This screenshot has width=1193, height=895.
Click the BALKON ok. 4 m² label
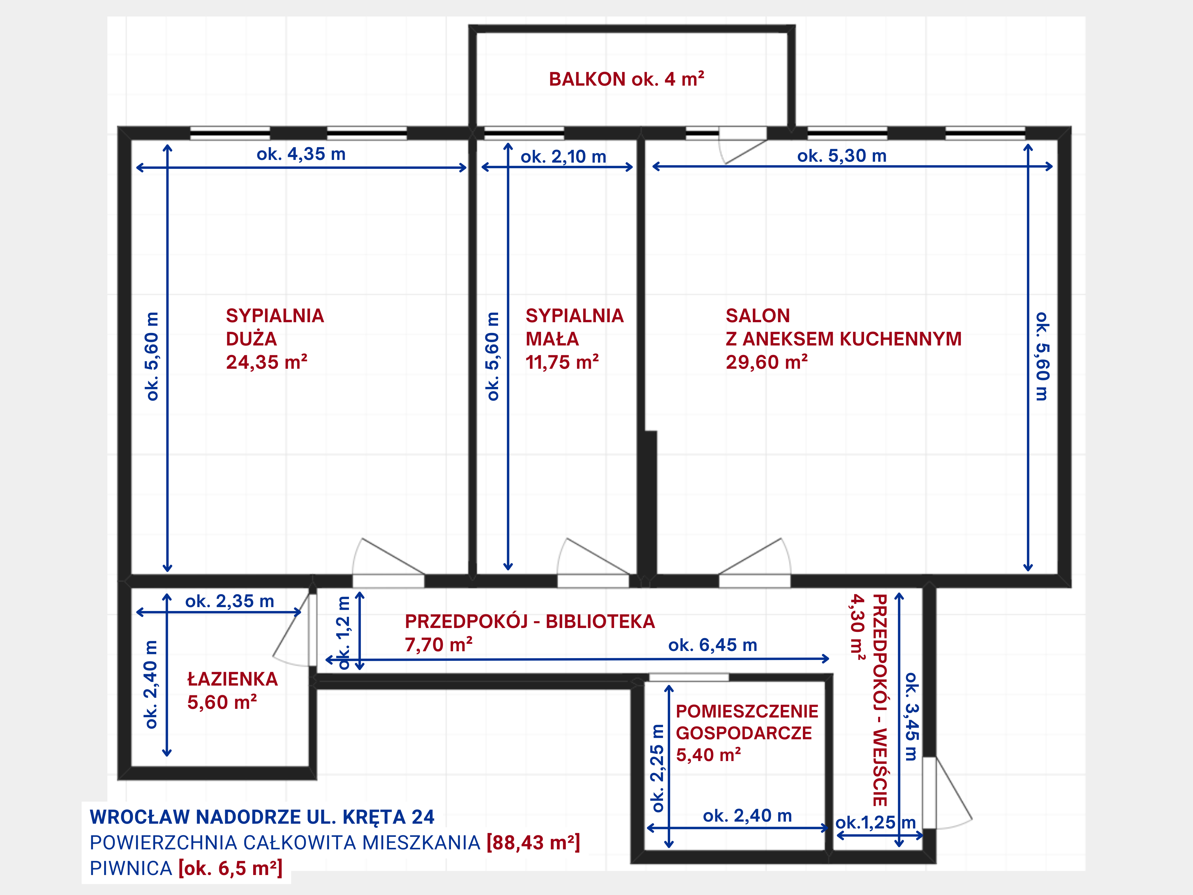coord(626,79)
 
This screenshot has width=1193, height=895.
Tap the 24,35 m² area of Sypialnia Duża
coord(266,362)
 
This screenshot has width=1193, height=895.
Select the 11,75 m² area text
coord(562,362)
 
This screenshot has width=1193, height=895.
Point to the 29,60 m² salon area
coord(767,362)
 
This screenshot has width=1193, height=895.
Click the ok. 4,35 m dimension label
coord(301,154)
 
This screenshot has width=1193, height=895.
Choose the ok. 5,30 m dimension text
coord(842,156)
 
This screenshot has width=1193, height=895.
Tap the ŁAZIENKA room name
coord(232,679)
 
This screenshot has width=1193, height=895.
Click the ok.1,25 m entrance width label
coord(875,823)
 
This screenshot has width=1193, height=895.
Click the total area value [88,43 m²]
coord(533,843)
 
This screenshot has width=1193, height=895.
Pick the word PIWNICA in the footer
coord(131,868)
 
